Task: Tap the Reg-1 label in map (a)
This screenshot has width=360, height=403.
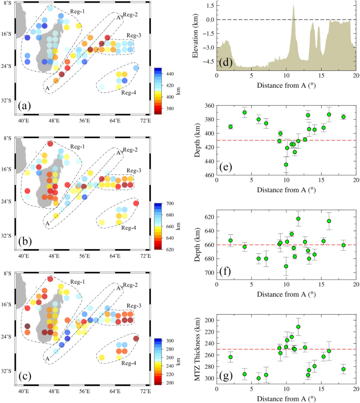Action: (x=77, y=11)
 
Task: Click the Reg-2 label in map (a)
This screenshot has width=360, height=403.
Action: (x=130, y=14)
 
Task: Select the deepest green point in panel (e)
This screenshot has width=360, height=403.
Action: (x=286, y=164)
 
